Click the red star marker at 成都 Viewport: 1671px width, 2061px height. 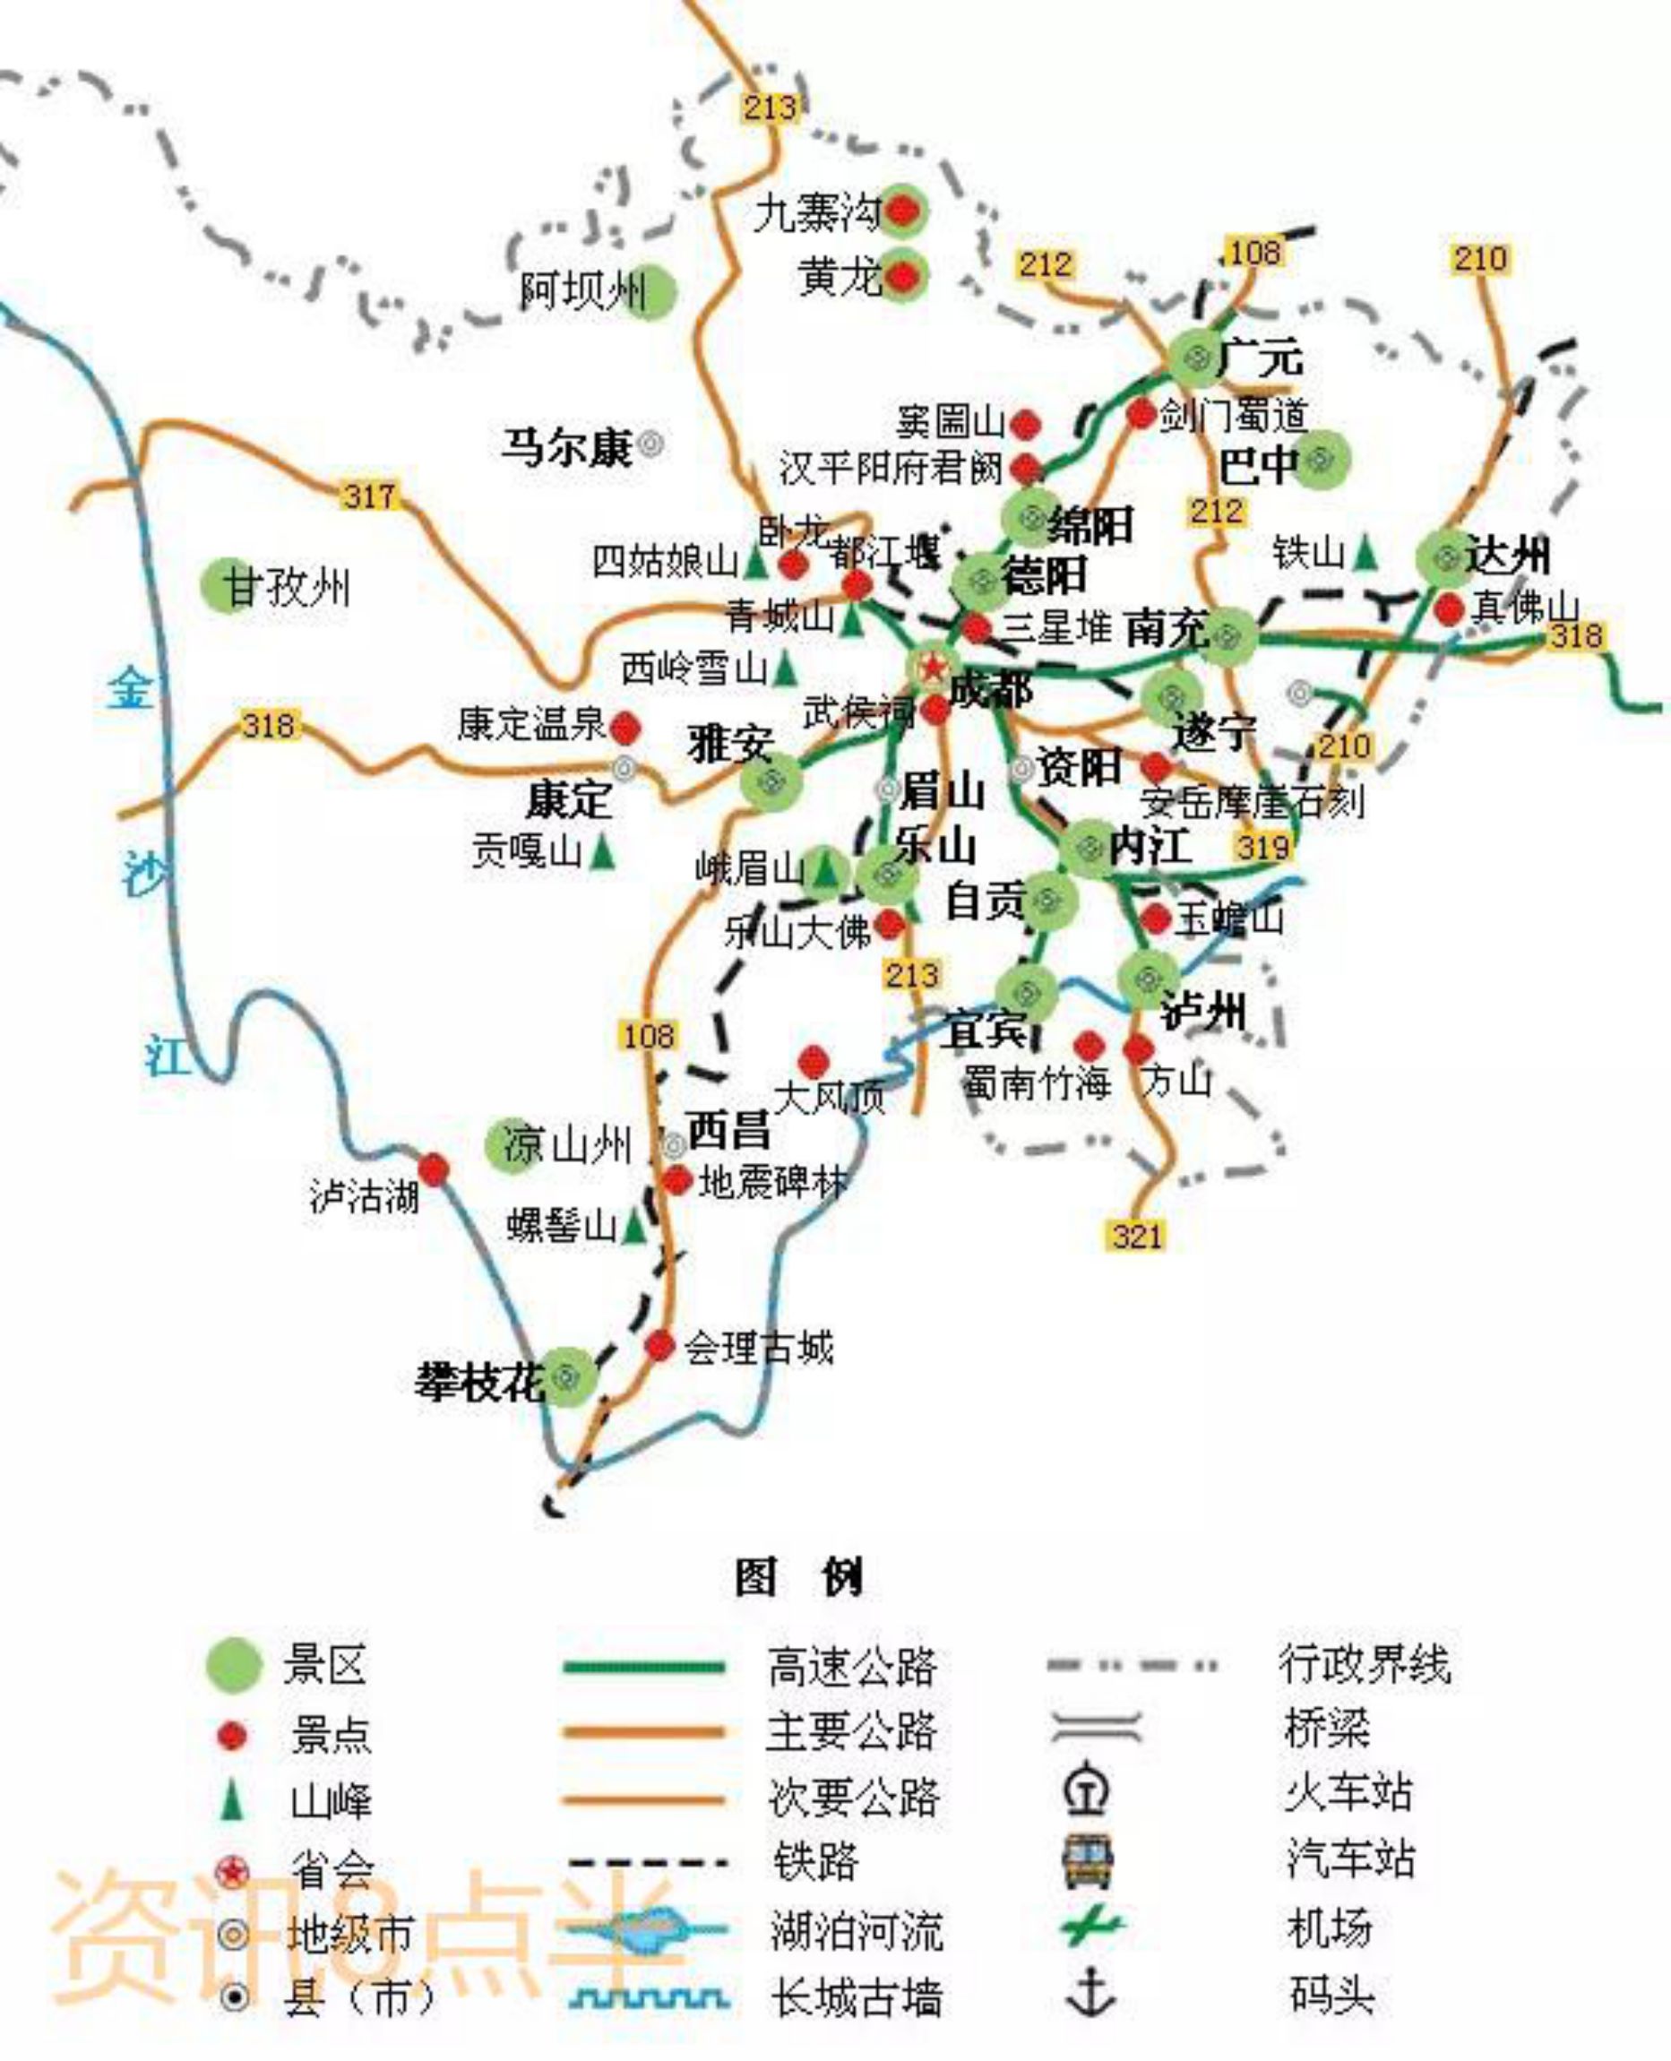coord(932,665)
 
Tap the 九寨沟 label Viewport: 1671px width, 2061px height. coord(816,212)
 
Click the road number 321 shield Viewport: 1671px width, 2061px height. coord(1137,1235)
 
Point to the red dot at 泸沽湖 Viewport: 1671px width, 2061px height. coord(433,1169)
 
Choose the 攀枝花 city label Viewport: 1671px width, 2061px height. coord(479,1384)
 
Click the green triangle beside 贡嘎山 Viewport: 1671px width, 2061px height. coord(603,852)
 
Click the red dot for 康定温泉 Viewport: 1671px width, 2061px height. coord(625,728)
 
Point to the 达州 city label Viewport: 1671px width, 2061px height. coord(1507,556)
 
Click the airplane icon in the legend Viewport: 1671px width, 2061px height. coord(1091,1927)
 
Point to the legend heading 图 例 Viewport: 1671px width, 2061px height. coord(798,1577)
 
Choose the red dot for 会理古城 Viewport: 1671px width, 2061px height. coord(659,1346)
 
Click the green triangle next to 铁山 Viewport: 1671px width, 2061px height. coord(1365,554)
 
